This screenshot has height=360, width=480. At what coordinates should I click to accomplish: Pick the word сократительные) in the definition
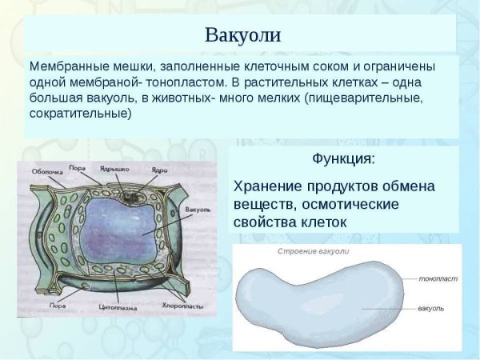pos(80,114)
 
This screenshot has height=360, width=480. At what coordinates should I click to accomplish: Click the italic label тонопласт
pos(437,279)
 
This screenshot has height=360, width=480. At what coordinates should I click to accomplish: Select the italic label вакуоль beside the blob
pos(430,308)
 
